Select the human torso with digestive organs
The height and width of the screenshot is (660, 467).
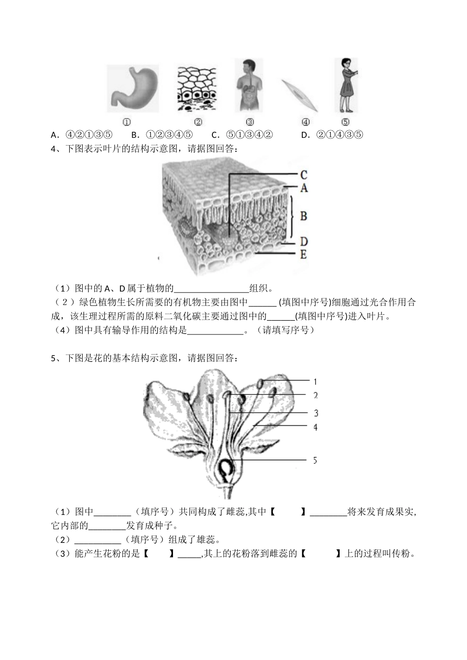pyautogui.click(x=249, y=86)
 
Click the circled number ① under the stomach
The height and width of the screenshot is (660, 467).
pyautogui.click(x=126, y=122)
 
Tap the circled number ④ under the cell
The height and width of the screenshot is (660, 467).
pyautogui.click(x=305, y=122)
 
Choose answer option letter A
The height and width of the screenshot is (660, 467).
pyautogui.click(x=54, y=135)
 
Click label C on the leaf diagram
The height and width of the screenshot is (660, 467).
pyautogui.click(x=304, y=175)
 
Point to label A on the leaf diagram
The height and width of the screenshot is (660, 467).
pyautogui.click(x=304, y=187)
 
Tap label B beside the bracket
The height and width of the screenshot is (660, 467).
pyautogui.click(x=304, y=215)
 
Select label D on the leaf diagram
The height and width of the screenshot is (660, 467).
pyautogui.click(x=304, y=241)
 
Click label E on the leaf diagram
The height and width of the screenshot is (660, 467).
pyautogui.click(x=303, y=254)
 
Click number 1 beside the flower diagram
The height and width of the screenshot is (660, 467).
pyautogui.click(x=315, y=381)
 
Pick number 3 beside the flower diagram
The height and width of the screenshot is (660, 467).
pyautogui.click(x=316, y=413)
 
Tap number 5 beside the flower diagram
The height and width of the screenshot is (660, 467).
pyautogui.click(x=315, y=460)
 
